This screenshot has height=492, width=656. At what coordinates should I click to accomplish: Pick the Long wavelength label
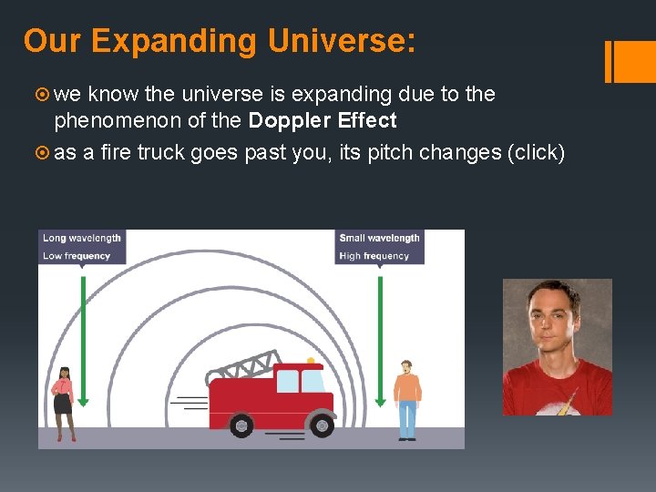[81, 238]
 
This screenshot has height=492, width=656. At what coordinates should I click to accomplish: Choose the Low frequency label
[76, 256]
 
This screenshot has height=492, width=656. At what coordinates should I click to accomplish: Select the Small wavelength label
[379, 238]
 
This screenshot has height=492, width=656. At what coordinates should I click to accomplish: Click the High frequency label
[374, 256]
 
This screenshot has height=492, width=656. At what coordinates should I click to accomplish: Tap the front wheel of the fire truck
[321, 424]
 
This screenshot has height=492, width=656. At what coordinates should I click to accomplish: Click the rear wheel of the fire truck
[241, 425]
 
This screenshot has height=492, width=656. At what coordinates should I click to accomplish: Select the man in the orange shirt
[407, 398]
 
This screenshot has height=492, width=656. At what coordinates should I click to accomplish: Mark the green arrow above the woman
[82, 337]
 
